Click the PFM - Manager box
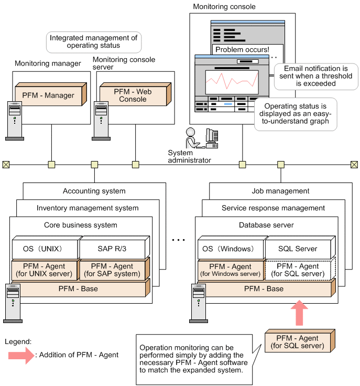[48, 95]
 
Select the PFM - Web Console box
[133, 95]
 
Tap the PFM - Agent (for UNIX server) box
[44, 270]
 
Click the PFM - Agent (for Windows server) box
[230, 270]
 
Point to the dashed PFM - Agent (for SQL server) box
[297, 270]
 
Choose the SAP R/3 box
[112, 248]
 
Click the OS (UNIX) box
[44, 248]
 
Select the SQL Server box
[297, 248]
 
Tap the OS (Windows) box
[230, 248]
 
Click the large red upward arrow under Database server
[300, 313]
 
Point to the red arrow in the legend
[20, 355]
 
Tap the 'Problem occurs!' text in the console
[241, 50]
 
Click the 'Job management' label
[280, 191]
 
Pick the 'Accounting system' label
[94, 191]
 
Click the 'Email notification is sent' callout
[316, 76]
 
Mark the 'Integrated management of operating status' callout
[93, 41]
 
